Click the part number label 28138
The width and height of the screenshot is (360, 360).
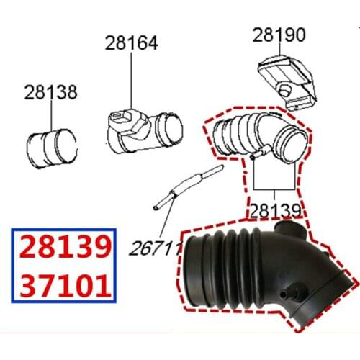coord(50,92)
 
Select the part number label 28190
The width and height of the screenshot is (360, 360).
coord(279,35)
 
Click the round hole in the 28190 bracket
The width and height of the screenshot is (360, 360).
coord(286,89)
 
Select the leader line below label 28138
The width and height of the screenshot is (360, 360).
coord(50,115)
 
